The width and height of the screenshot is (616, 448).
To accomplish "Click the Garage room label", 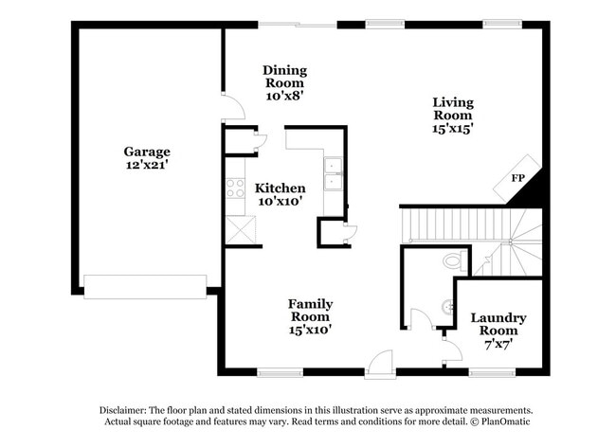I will tap(147, 158).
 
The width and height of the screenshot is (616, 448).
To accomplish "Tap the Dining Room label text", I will tap(284, 82).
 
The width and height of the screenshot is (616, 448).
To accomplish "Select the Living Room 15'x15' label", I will tap(452, 115).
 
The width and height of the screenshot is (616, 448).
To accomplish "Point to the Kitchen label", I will tap(280, 194).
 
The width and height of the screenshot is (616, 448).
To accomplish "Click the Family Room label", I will tap(310, 316).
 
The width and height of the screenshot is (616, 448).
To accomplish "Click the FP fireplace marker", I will tap(518, 178).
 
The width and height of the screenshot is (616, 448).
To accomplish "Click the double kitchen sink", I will tap(333, 174).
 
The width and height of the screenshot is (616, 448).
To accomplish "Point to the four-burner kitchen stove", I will tap(233, 188).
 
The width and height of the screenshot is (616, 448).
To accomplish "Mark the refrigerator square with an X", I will tap(237, 228).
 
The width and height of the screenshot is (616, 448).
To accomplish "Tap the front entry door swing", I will tap(380, 362).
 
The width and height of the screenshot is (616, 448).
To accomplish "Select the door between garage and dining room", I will tap(231, 106).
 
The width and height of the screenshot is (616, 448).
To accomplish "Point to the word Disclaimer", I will tap(130, 410).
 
